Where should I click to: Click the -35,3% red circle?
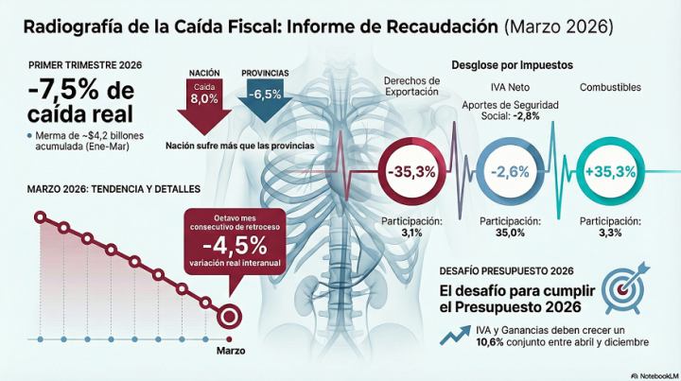[411, 172]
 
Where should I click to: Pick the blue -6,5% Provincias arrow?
[260, 99]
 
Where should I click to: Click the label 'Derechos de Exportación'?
[411, 87]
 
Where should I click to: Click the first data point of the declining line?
[40, 218]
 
